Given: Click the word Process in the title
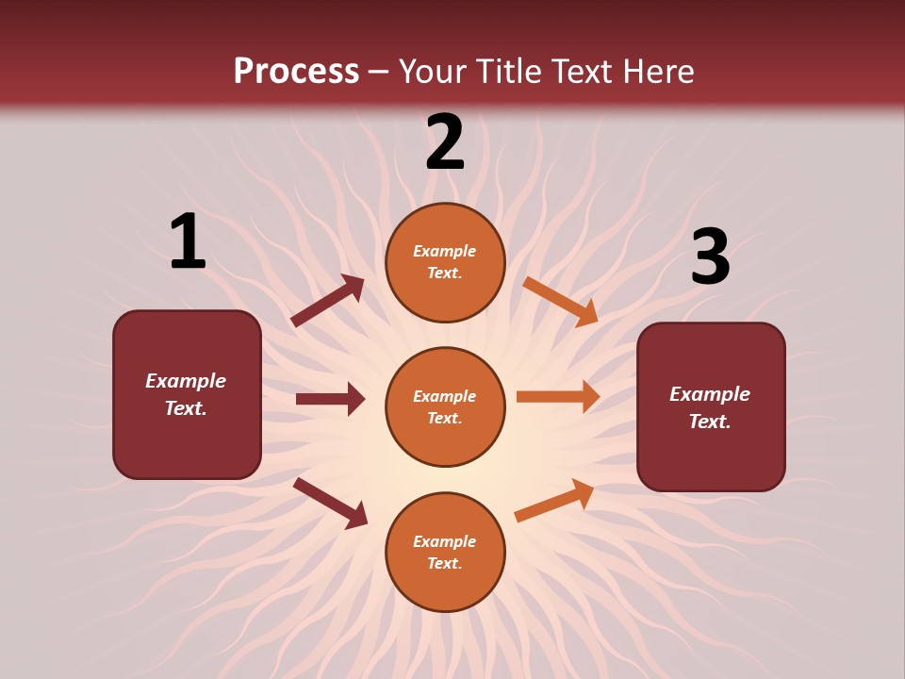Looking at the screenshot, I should pyautogui.click(x=296, y=72).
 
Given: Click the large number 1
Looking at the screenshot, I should pyautogui.click(x=188, y=242).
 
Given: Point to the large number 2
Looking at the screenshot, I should pyautogui.click(x=445, y=142).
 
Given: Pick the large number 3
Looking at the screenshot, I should pyautogui.click(x=710, y=257).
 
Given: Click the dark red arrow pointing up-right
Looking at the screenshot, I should pyautogui.click(x=328, y=301).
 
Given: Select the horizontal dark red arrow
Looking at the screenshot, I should pyautogui.click(x=330, y=399).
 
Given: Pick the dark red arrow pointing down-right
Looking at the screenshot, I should pyautogui.click(x=331, y=503).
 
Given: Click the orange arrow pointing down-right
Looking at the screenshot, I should pyautogui.click(x=560, y=301).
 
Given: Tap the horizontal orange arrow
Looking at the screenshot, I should pyautogui.click(x=558, y=396).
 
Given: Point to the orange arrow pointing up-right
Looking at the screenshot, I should pyautogui.click(x=555, y=500).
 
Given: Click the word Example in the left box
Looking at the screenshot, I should pyautogui.click(x=186, y=381).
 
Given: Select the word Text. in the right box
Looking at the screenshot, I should pyautogui.click(x=710, y=422).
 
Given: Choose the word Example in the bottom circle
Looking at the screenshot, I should pyautogui.click(x=445, y=541).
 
